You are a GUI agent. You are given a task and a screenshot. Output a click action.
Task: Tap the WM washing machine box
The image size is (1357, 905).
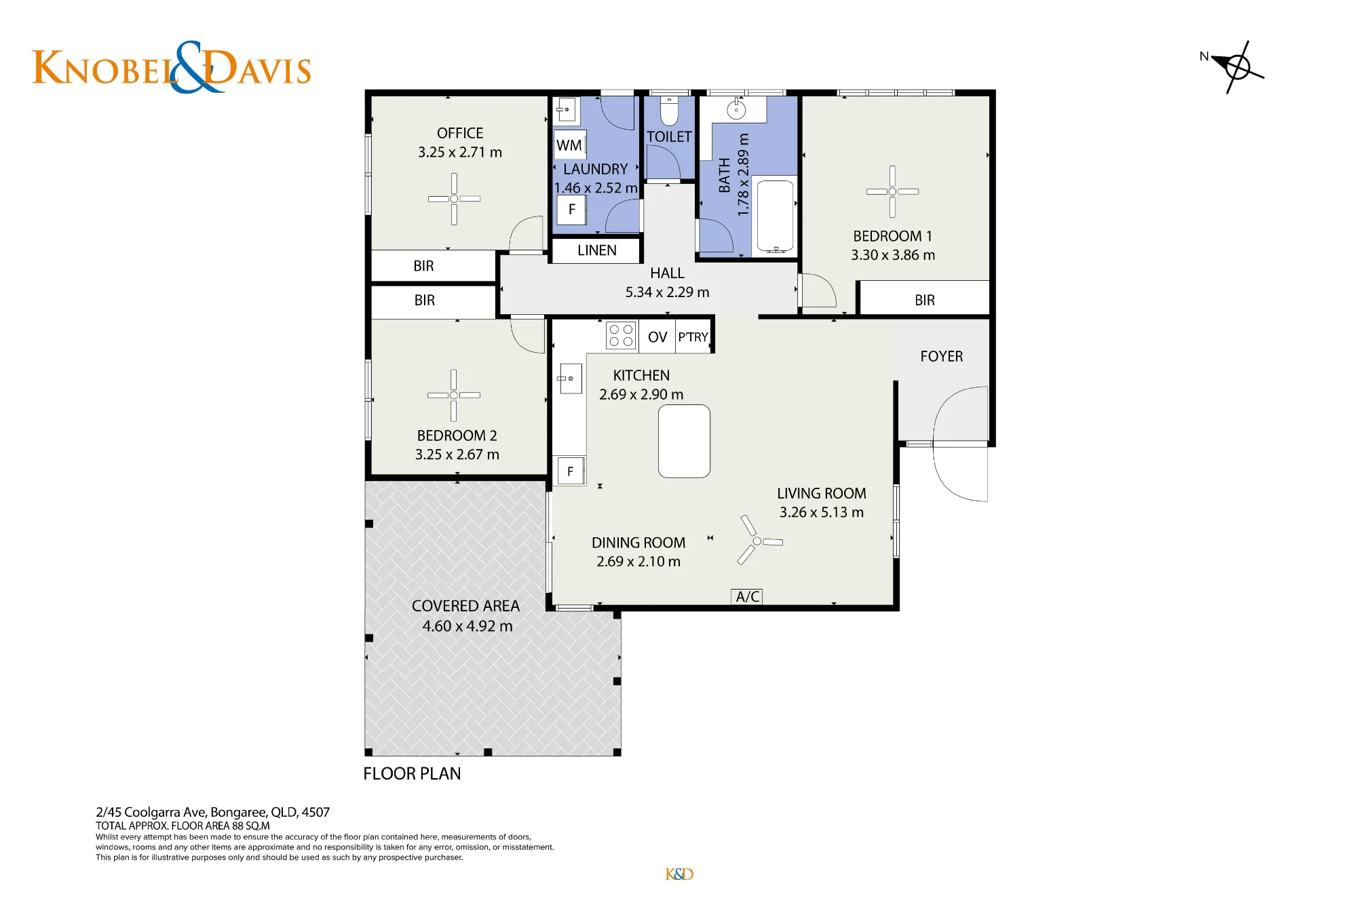coord(570,145)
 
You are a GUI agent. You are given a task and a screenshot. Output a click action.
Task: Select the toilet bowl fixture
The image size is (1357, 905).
coord(669,111)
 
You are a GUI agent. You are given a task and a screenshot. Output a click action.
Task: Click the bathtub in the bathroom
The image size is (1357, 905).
coord(775,215)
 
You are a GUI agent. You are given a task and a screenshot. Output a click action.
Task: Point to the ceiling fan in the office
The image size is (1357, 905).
coord(454,199)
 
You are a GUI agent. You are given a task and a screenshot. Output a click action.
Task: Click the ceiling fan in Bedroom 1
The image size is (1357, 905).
coord(892,192)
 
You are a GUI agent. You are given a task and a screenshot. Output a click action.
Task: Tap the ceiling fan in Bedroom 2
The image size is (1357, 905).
coord(453,396)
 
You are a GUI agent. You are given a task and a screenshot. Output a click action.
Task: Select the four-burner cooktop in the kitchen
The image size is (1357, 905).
coord(621,336)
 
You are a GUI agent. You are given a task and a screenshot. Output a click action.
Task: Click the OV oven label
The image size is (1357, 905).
coord(657,337)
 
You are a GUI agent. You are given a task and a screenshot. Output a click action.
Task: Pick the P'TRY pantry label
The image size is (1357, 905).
coord(693,337)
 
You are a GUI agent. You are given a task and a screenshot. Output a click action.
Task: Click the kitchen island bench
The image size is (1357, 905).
coord(684,441)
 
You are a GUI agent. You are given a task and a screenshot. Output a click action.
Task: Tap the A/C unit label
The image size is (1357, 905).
coord(747,596)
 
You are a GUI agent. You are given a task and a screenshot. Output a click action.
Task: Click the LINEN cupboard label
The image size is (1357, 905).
coord(597,250)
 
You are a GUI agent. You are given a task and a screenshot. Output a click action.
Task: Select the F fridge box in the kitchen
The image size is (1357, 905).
coord(571,471)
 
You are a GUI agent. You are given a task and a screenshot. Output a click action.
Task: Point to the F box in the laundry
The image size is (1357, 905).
coord(572,210)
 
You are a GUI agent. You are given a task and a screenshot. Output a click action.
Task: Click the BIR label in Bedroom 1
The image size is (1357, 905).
coord(924,300)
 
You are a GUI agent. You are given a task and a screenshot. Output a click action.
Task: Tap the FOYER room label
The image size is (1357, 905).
coord(941,356)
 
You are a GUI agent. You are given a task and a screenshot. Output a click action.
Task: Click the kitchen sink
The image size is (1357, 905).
coord(570,379)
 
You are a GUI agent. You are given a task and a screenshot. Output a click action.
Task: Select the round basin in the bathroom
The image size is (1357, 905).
coord(736,109)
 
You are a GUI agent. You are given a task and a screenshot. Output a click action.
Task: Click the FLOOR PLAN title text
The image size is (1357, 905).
coord(412,773)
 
